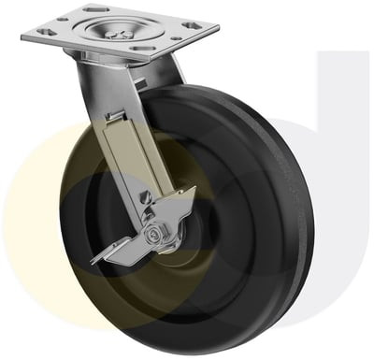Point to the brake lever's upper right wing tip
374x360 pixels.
click(x=192, y=193)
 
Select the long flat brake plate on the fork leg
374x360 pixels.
click(x=126, y=159)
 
